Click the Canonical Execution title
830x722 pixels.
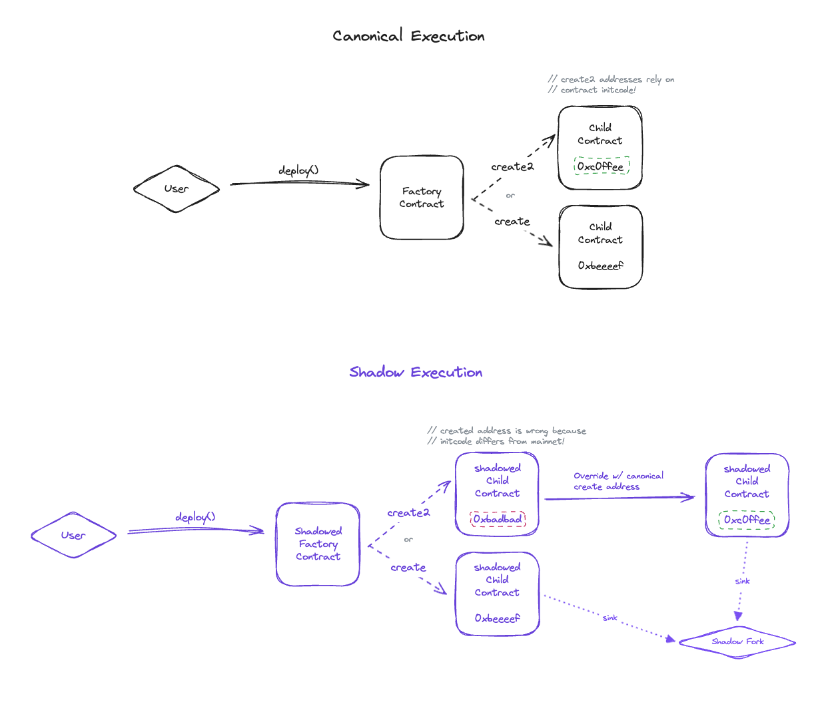408,36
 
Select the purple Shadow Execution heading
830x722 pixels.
416,372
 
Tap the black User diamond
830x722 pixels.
177,189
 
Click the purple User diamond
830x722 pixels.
73,535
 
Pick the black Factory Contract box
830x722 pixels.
422,198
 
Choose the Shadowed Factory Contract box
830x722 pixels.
318,544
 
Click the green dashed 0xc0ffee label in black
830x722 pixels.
601,166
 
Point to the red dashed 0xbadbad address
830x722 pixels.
498,519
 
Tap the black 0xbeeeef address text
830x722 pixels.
600,266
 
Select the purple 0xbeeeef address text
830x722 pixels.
497,618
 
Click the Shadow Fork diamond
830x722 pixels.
737,641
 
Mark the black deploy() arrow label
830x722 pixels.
298,170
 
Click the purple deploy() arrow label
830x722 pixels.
195,517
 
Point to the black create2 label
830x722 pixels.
512,166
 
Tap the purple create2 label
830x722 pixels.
408,512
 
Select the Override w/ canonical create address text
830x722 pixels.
618,481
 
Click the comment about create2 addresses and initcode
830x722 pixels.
610,85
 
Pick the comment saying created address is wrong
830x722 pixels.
506,436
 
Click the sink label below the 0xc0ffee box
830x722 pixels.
742,581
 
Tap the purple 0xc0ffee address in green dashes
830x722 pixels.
747,520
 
